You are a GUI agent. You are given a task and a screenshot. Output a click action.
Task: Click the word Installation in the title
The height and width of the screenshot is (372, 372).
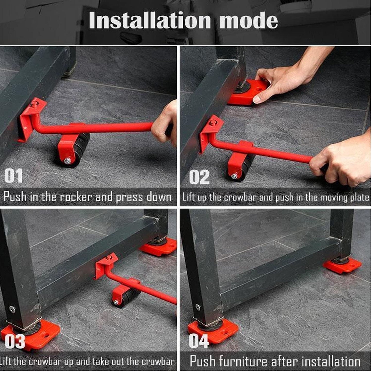tap(150, 21)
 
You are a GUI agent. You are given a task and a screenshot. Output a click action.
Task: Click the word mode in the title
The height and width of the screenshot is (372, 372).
tap(249, 21)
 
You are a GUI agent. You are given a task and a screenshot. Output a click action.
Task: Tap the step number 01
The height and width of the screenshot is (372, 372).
tap(13, 176)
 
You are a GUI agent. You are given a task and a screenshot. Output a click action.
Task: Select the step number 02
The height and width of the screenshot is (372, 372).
tap(199, 177)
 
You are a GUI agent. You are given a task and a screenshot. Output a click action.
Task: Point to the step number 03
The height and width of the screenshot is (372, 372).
tap(15, 341)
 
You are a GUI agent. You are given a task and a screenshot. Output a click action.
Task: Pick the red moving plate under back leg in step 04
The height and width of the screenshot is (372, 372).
tap(342, 265)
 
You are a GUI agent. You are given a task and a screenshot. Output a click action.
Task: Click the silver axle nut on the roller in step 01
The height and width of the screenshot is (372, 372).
tap(67, 161)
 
